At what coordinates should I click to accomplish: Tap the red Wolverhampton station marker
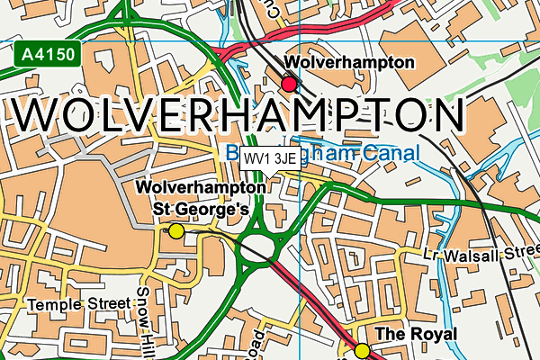289,84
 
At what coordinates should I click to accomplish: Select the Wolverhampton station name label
349,63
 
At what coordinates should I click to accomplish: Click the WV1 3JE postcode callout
271,159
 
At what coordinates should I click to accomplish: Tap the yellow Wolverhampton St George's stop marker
176,231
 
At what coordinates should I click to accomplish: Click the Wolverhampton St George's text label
201,198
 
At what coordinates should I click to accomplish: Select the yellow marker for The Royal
362,350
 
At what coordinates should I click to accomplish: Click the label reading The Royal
415,334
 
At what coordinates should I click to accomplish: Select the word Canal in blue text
392,155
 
